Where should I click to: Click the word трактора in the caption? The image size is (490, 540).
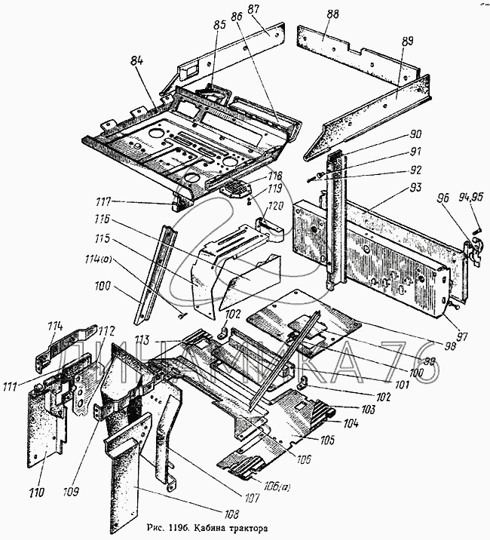point(244,528)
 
